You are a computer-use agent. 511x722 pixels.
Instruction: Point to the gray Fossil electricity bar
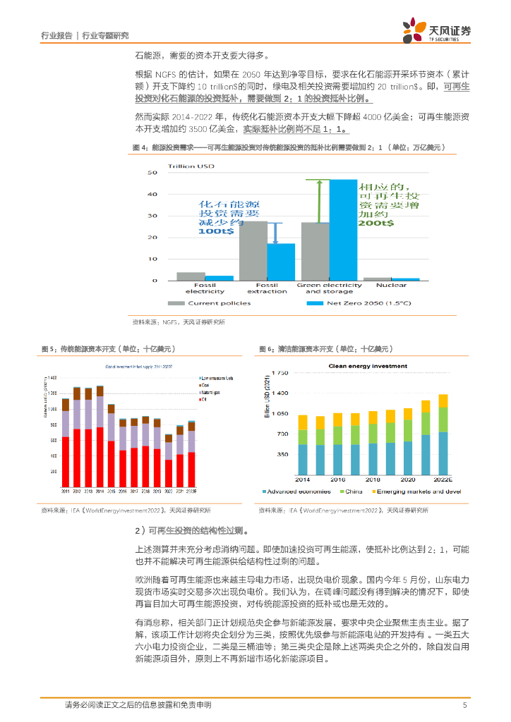click(191, 276)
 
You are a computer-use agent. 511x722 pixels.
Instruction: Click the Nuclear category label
click(391, 285)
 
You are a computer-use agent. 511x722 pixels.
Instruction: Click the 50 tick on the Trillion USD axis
click(152, 173)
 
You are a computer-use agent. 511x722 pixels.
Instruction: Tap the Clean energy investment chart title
click(368, 366)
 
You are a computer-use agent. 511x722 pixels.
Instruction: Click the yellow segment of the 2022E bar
click(443, 401)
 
